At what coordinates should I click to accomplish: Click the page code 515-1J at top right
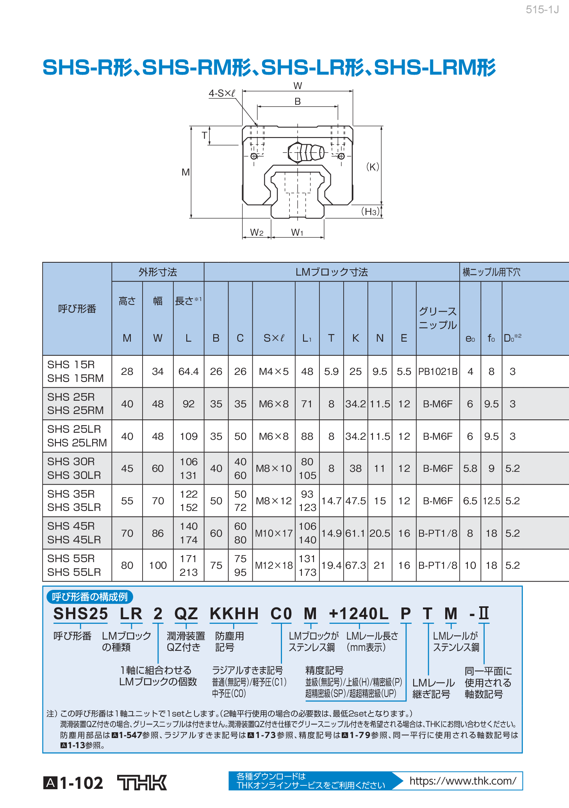click(542, 10)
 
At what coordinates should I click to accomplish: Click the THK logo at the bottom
click(142, 783)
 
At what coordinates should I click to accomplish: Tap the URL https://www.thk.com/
click(462, 781)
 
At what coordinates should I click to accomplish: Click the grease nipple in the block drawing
click(306, 152)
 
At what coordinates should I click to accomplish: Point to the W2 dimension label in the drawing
click(257, 233)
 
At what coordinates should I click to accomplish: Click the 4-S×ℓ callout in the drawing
click(222, 93)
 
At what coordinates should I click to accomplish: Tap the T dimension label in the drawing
click(204, 136)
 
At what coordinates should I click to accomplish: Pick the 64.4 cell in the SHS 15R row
click(188, 371)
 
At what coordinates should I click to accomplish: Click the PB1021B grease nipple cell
click(437, 371)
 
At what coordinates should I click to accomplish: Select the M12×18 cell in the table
click(274, 565)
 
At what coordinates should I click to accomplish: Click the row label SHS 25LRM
click(77, 443)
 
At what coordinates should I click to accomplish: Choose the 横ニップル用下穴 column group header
click(491, 272)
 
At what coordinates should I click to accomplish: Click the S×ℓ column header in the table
click(274, 338)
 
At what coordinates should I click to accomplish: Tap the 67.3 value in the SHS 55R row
click(355, 565)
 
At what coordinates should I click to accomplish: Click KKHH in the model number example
click(234, 614)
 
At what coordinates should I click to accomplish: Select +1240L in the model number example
click(359, 614)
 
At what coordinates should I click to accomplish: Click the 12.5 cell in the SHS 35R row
click(491, 501)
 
